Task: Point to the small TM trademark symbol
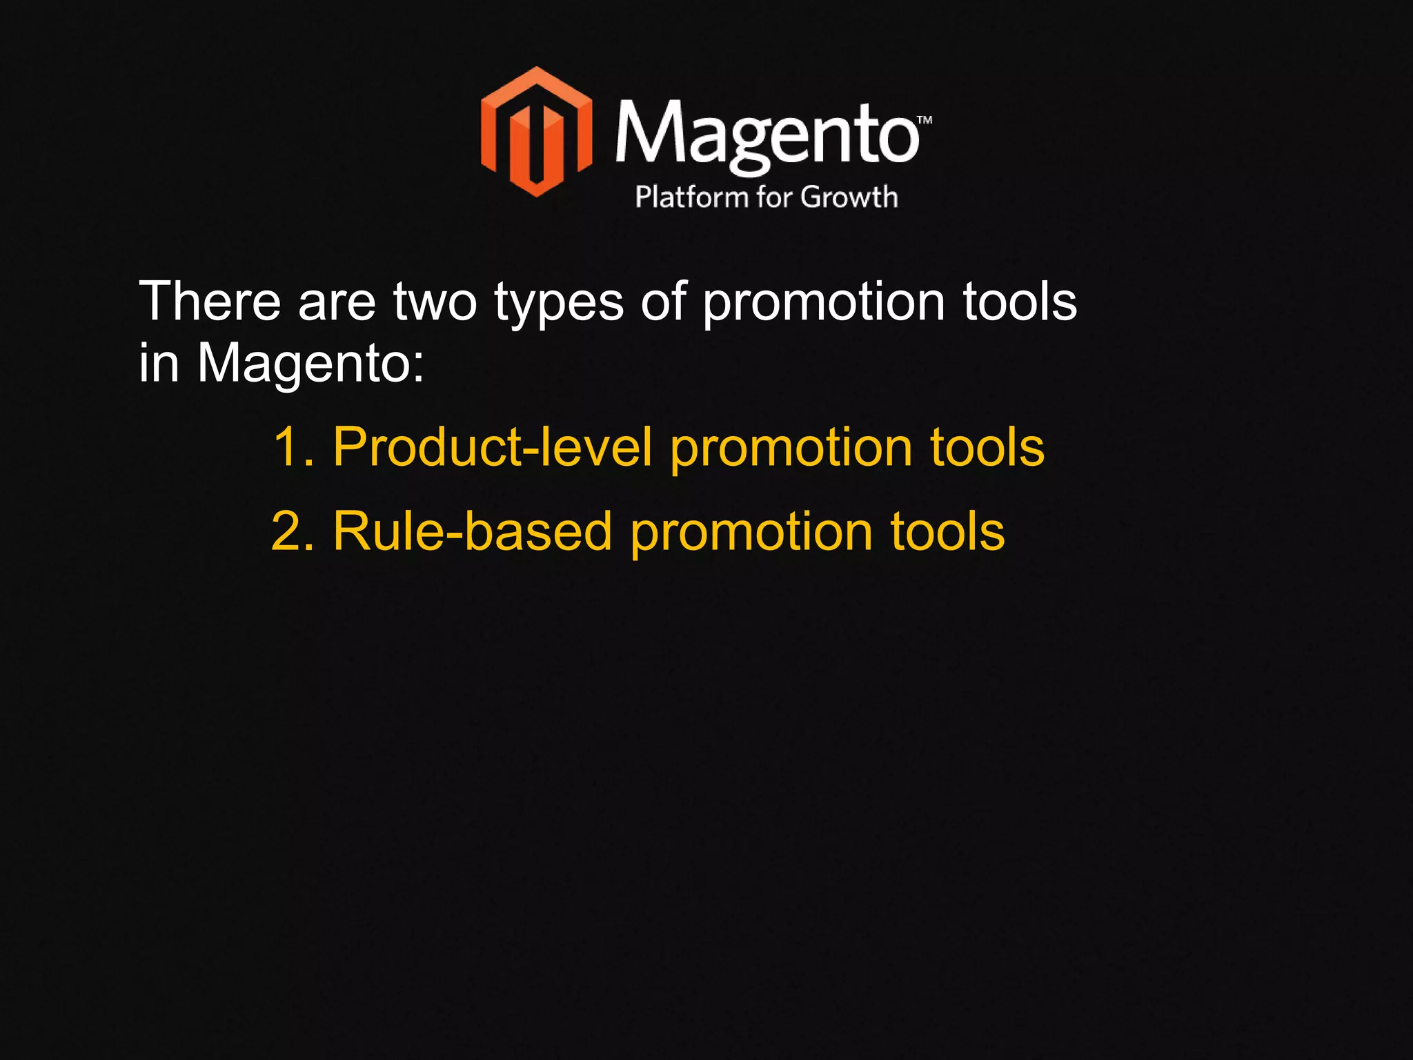pos(925,120)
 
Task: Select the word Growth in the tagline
pos(849,197)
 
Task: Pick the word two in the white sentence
pos(435,302)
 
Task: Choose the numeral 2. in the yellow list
pos(293,531)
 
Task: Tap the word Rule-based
pos(473,531)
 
